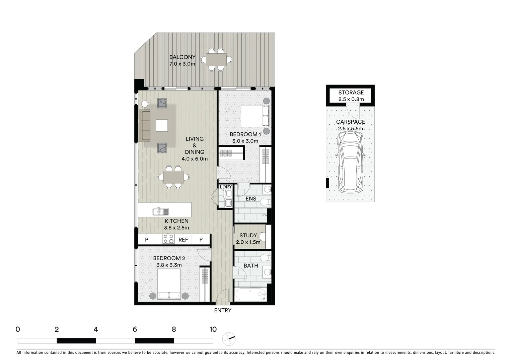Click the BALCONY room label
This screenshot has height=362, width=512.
click(x=182, y=57)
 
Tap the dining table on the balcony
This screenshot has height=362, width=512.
click(x=216, y=60)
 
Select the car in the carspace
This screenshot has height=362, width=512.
click(x=350, y=162)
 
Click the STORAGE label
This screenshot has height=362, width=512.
click(x=351, y=93)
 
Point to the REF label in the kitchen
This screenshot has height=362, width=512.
click(x=183, y=240)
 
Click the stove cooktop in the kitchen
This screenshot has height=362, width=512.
click(x=168, y=239)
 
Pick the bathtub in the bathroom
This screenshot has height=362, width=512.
click(x=250, y=295)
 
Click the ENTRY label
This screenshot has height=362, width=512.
click(x=223, y=310)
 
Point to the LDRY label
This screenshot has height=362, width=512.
click(x=226, y=187)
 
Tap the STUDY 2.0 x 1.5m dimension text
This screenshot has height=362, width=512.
click(x=248, y=242)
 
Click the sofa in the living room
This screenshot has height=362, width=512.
click(x=145, y=125)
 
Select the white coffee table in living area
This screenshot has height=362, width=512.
click(x=162, y=126)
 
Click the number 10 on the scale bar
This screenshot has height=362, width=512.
click(x=213, y=329)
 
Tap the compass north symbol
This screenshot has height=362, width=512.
click(x=229, y=339)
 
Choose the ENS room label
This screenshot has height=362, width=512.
click(x=251, y=199)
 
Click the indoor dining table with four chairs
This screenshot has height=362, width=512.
click(x=173, y=177)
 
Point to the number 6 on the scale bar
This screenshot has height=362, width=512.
click(x=135, y=329)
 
